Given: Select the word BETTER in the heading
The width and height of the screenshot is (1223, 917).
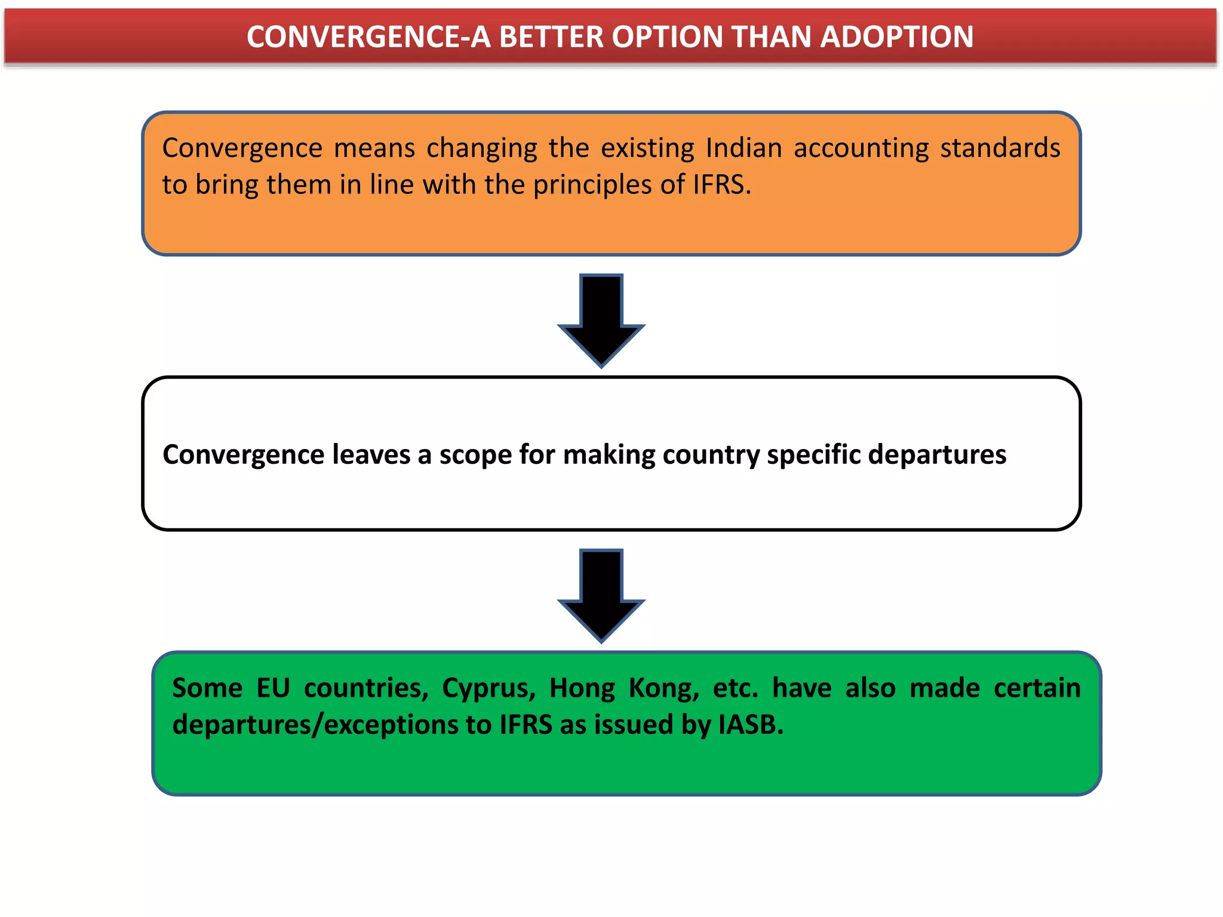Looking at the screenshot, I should [551, 37].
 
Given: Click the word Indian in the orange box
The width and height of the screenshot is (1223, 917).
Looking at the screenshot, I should [743, 148].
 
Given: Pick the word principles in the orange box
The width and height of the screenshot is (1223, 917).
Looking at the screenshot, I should [591, 186].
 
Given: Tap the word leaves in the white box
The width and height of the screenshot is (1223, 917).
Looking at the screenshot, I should [371, 455].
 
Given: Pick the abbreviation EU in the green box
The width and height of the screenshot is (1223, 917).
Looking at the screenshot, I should [273, 688].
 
